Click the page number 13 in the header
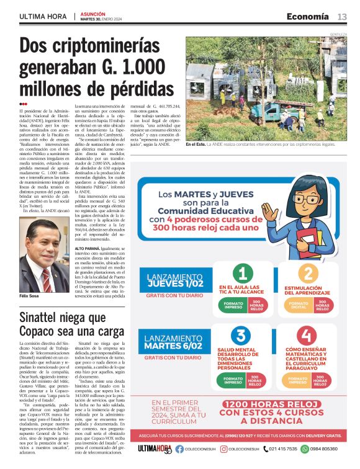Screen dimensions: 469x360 [342, 16]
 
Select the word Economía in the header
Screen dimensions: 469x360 [308, 16]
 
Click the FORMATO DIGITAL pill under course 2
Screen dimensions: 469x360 [299, 305]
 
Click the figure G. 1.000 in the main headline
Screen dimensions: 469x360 [128, 68]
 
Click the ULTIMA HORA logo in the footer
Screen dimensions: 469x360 [155, 449]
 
